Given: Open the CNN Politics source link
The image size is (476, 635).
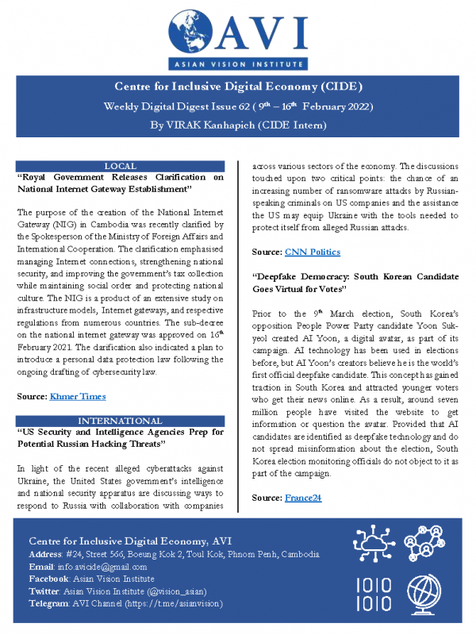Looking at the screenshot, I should (x=313, y=252).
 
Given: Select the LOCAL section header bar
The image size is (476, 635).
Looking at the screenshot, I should (x=121, y=165).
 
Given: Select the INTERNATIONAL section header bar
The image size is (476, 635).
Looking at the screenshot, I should (x=121, y=419).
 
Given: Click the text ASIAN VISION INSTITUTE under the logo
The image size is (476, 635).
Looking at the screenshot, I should (x=238, y=63).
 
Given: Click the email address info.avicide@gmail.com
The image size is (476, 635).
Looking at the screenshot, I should (x=100, y=567).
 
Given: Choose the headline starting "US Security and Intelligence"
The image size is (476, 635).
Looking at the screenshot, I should (x=121, y=437).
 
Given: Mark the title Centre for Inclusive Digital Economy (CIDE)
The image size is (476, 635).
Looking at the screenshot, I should (x=238, y=87).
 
